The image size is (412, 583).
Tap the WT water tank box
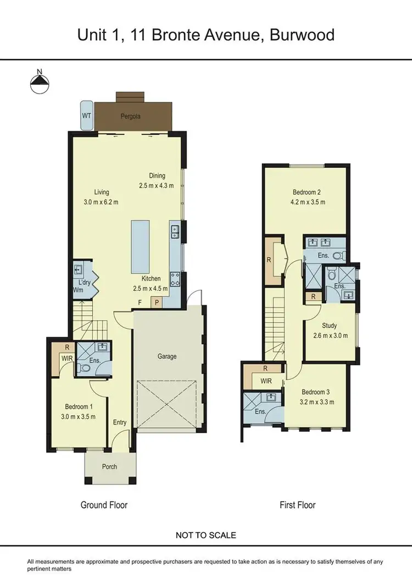[86, 116]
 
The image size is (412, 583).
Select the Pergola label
[131, 117]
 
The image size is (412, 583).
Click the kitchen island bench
[140, 244]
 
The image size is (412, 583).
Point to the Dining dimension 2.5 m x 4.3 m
[156, 185]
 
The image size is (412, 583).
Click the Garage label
[167, 356]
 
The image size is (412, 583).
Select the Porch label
[109, 467]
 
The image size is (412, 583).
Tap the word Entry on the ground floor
[120, 422]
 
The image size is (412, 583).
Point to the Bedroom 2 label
[307, 192]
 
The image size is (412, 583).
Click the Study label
[330, 326]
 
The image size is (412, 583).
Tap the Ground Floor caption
[104, 504]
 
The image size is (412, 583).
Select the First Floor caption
[298, 504]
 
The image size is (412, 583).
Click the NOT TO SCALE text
[206, 535]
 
